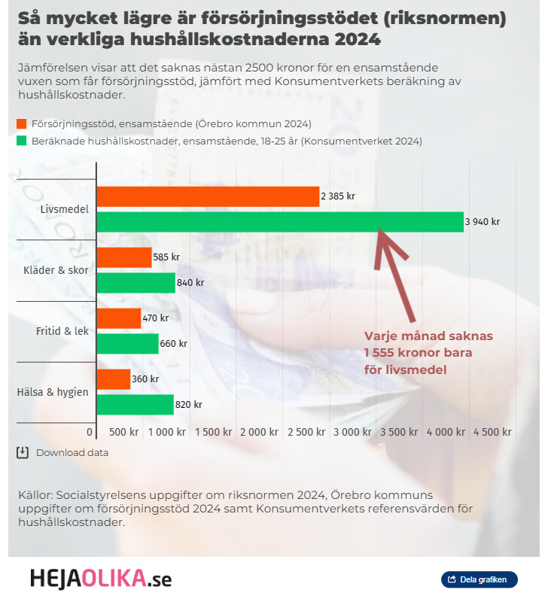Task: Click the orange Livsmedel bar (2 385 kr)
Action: click(x=208, y=196)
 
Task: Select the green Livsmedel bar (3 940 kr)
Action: click(x=280, y=222)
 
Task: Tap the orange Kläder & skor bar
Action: click(x=124, y=257)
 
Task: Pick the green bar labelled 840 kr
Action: click(x=135, y=283)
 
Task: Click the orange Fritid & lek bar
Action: click(x=119, y=318)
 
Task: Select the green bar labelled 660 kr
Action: click(x=127, y=344)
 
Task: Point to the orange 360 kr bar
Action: click(x=114, y=379)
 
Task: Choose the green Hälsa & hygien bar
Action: click(x=135, y=405)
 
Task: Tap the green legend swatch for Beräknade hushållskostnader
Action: click(x=21, y=141)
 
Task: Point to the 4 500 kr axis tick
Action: click(x=492, y=433)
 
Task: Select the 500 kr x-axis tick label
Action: click(x=124, y=433)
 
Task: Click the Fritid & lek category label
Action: click(x=62, y=331)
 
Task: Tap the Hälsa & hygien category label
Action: click(x=53, y=392)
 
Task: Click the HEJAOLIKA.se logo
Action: click(x=101, y=579)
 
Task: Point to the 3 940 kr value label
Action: click(x=483, y=222)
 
